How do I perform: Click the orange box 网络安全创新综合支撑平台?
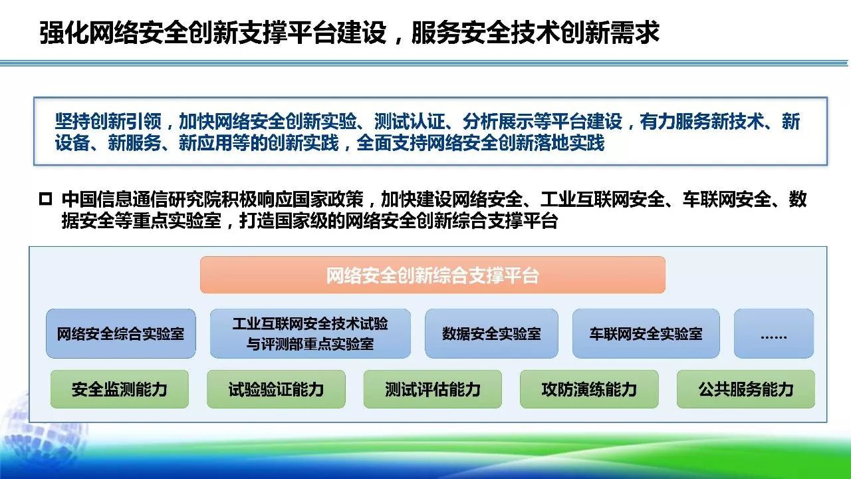point(432,275)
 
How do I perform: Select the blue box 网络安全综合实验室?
point(120,333)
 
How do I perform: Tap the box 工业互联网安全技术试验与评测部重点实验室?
point(310,333)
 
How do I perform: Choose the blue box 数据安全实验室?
point(491,333)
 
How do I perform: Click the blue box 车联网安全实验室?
point(646,333)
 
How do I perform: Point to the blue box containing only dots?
point(773,333)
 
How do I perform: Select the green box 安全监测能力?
point(120,389)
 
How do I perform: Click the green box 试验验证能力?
point(276,389)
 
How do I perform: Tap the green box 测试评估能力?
point(432,389)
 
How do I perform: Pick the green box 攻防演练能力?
point(589,389)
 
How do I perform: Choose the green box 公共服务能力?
point(745,389)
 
